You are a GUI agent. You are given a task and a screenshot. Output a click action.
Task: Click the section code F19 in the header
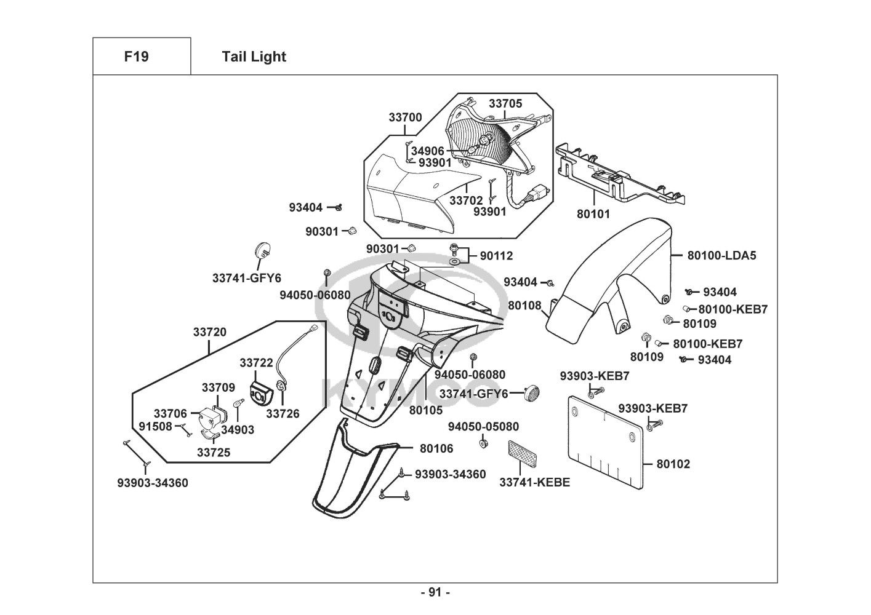tap(136, 57)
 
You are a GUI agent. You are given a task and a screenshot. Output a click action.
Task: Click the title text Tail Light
tap(254, 57)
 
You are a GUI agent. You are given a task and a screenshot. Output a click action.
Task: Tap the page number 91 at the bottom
tap(435, 592)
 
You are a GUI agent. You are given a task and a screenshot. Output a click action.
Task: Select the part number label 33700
tap(405, 117)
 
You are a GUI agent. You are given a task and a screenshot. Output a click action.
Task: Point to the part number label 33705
tap(505, 103)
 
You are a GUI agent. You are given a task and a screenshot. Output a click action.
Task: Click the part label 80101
tap(593, 214)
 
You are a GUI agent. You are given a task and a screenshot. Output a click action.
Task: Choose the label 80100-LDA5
tap(721, 255)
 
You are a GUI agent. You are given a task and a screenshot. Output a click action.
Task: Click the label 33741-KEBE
tap(534, 482)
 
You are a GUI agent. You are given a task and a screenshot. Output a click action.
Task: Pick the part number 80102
tap(673, 464)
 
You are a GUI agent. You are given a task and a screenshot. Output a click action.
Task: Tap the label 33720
tap(209, 332)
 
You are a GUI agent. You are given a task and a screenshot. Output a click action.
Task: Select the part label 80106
tap(436, 448)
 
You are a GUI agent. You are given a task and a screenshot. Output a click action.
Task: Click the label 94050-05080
tap(483, 427)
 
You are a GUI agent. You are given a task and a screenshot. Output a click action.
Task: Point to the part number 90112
tap(496, 256)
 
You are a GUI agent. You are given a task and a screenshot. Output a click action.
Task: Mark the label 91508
tap(155, 426)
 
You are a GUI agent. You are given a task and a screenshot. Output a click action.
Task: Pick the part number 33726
tap(283, 414)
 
